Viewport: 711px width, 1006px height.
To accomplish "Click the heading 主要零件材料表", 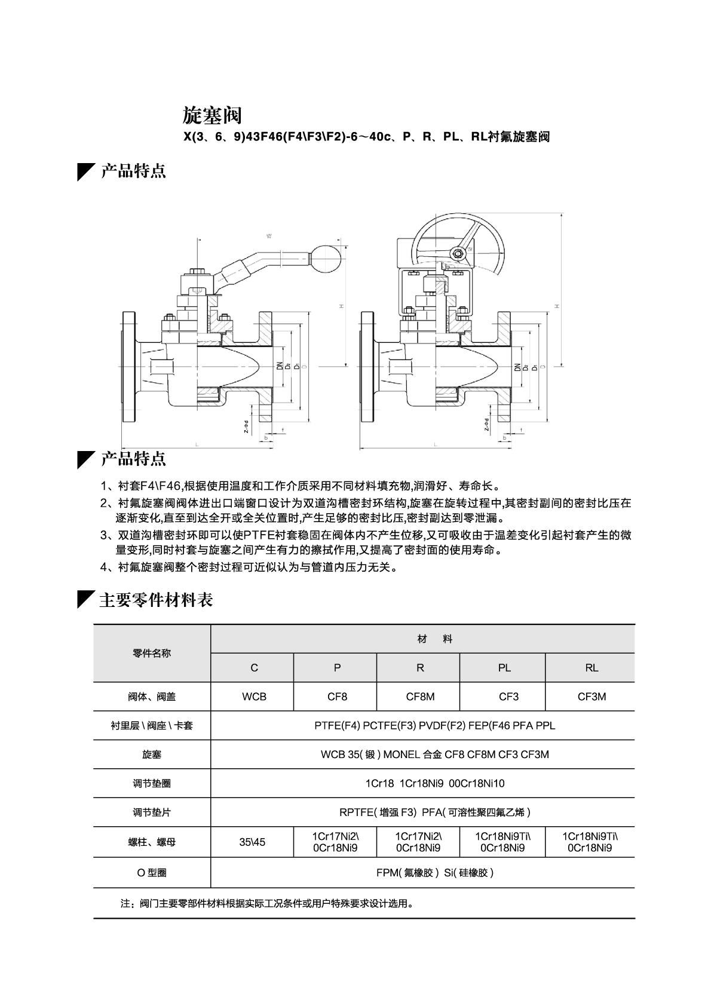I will (156, 599).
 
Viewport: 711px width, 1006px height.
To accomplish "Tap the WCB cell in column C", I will (254, 697).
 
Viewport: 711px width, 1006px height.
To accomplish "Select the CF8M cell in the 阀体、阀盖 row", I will (420, 697).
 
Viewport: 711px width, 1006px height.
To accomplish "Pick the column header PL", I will (504, 668).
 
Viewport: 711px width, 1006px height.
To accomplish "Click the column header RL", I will (592, 668).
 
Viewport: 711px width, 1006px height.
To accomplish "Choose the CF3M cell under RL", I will (592, 697).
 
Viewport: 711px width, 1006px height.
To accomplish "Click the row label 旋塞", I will (152, 754).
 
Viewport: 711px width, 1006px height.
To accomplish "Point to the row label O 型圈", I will (152, 873).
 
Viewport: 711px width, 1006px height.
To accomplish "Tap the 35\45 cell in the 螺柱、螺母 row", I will (252, 842).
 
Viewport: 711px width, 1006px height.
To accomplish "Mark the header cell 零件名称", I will (152, 654).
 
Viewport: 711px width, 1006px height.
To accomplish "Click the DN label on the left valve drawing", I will (279, 365).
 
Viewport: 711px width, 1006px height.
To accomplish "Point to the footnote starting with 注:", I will (267, 903).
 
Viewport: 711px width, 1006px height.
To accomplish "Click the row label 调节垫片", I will (152, 812).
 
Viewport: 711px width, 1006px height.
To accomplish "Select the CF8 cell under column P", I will (337, 697).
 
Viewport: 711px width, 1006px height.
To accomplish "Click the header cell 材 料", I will (435, 639).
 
